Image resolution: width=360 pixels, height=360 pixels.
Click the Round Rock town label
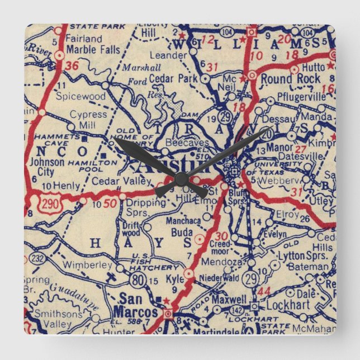pos(291,79)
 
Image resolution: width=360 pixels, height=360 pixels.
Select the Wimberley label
pos(84,264)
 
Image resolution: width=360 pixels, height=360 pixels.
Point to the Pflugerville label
pos(308,96)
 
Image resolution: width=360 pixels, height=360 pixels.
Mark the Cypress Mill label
pos(88,119)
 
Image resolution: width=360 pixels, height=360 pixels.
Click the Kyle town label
pos(174,278)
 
